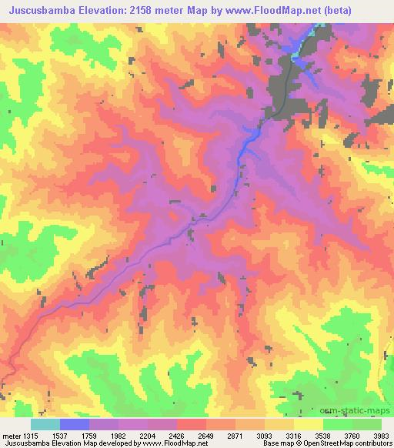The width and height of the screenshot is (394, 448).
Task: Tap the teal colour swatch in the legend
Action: [x=45, y=424]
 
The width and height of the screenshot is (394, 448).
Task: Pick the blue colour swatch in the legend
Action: [x=75, y=424]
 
